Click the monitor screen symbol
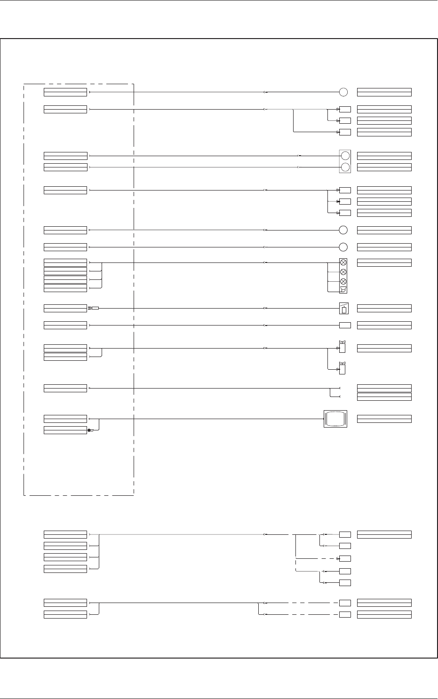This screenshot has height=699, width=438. pyautogui.click(x=335, y=418)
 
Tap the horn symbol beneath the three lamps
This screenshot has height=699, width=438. pyautogui.click(x=343, y=290)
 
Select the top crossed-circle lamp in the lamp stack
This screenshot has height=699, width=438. pyautogui.click(x=343, y=262)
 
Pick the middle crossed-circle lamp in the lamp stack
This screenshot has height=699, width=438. pyautogui.click(x=343, y=272)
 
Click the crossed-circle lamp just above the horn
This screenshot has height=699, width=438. pyautogui.click(x=343, y=281)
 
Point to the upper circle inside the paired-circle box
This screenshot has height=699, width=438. pyautogui.click(x=345, y=156)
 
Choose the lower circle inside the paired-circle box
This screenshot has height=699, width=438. pyautogui.click(x=345, y=167)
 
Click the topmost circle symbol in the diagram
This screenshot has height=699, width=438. pyautogui.click(x=343, y=92)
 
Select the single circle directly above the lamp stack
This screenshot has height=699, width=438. pyautogui.click(x=343, y=247)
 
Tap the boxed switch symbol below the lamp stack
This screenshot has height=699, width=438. pyautogui.click(x=343, y=308)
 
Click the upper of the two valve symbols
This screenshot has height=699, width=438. pyautogui.click(x=342, y=348)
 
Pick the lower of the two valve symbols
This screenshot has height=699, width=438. pyautogui.click(x=342, y=369)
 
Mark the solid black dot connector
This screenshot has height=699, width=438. pyautogui.click(x=89, y=430)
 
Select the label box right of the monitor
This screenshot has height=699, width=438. pyautogui.click(x=384, y=419)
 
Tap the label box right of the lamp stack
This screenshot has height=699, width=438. pyautogui.click(x=384, y=262)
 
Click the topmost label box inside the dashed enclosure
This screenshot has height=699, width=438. pyautogui.click(x=65, y=92)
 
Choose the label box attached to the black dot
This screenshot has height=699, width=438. pyautogui.click(x=65, y=430)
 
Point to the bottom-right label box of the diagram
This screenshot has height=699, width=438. pyautogui.click(x=384, y=614)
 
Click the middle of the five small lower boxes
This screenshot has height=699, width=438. pyautogui.click(x=345, y=558)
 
